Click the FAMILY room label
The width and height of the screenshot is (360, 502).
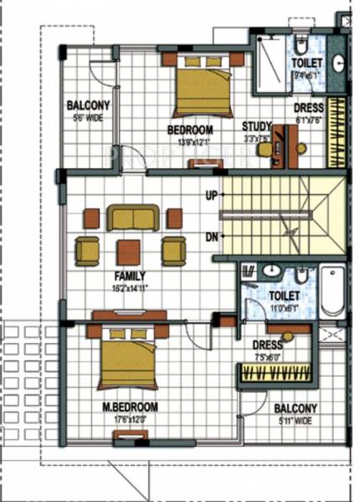point(130,275)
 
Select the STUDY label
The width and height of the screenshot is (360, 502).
point(256,127)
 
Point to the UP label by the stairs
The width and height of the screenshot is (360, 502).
point(212,196)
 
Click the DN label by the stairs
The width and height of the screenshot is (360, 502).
point(212,237)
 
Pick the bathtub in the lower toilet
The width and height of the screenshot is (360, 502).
point(332,290)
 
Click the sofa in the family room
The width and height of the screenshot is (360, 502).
point(132,218)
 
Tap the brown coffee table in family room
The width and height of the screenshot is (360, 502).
point(129,251)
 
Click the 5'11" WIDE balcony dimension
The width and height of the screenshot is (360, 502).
point(295,420)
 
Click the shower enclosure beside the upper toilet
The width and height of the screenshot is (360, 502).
point(270,64)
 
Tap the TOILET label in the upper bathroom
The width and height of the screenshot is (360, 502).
point(306,63)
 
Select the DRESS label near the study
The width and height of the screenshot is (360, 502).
point(308,109)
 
